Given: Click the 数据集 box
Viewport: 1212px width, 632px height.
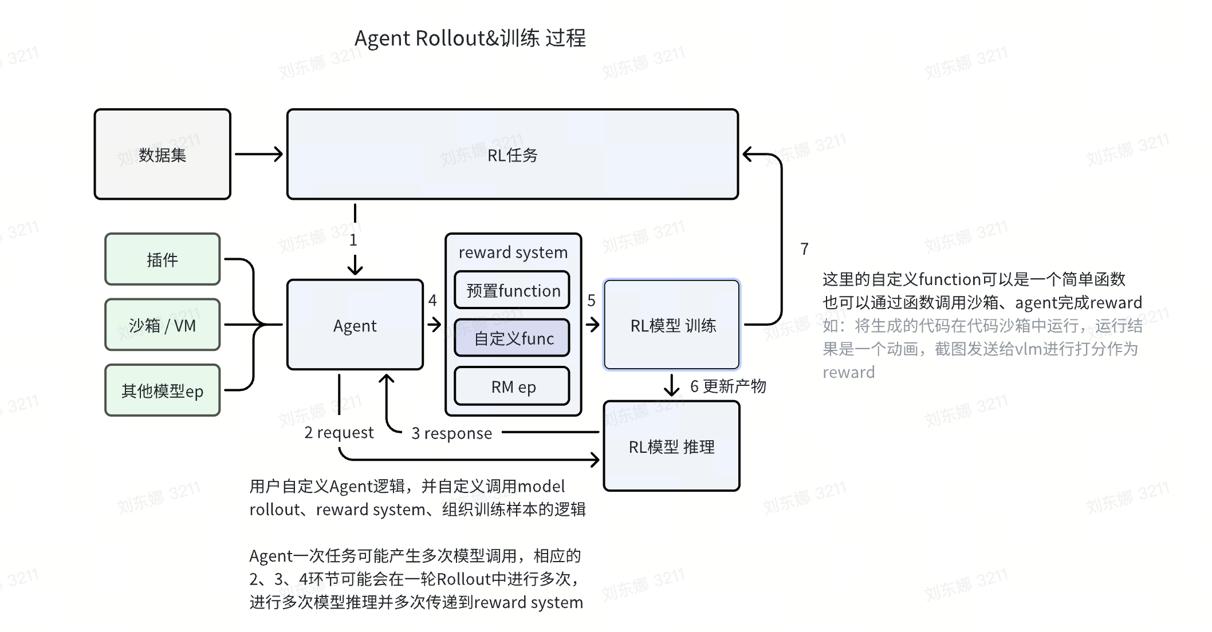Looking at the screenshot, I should (163, 155).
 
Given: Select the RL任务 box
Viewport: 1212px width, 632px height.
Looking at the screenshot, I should (512, 155).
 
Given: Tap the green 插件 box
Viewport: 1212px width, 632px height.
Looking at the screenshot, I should (163, 259).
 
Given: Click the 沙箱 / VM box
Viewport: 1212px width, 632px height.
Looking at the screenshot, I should (163, 325).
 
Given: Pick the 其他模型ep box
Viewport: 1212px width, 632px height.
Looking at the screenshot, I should (163, 390).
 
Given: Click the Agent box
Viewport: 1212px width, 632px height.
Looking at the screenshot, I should (355, 325).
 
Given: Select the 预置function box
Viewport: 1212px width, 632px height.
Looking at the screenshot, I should (512, 290).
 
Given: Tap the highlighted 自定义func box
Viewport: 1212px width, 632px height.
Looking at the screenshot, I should (512, 338).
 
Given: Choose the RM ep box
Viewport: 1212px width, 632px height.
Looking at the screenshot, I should (512, 386).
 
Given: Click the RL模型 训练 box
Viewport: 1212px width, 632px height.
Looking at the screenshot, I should (672, 325).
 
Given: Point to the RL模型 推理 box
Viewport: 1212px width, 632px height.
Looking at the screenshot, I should (671, 447).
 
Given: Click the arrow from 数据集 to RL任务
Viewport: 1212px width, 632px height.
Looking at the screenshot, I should (259, 154).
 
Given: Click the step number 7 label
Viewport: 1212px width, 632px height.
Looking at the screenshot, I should (804, 249).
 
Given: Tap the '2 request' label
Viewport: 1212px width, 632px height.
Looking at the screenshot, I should (339, 432).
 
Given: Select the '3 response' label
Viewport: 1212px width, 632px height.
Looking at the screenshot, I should (451, 433).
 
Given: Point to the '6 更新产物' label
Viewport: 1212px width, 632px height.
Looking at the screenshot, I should (727, 386).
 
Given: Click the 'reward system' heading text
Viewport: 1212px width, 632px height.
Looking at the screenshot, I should (513, 252).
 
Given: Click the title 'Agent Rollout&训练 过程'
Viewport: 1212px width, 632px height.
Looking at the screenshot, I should (470, 38).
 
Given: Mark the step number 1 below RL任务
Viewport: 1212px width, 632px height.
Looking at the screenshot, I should (353, 240).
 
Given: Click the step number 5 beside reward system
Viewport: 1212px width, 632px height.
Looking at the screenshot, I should (591, 300).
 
